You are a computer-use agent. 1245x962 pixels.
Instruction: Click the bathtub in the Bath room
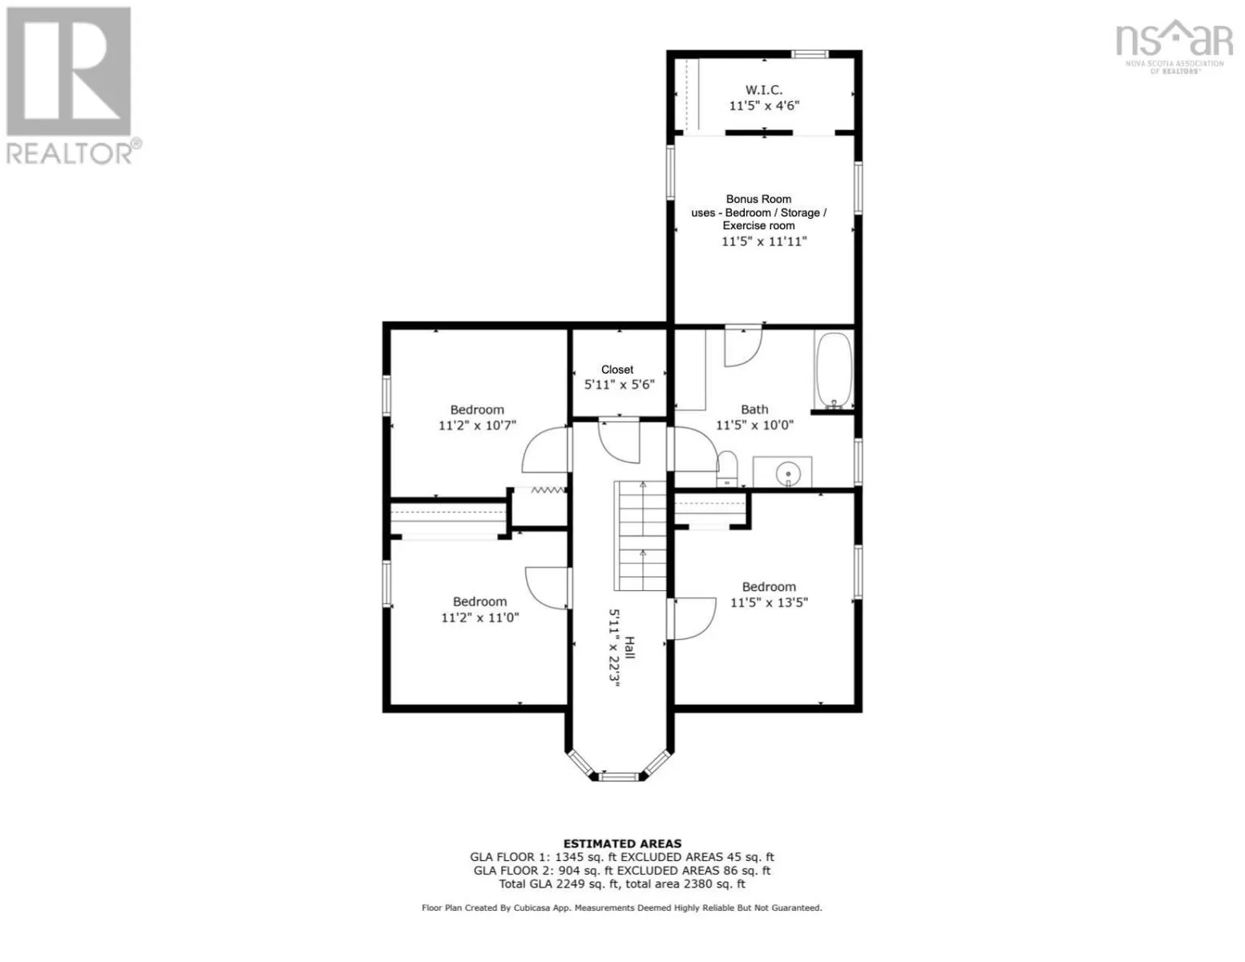834,370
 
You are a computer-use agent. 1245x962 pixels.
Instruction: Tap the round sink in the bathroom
788,474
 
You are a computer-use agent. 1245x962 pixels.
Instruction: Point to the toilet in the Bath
727,469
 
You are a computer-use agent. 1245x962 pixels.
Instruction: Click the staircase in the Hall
640,536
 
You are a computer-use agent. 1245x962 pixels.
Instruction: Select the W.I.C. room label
763,89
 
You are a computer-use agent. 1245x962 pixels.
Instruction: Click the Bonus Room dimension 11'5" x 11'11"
764,241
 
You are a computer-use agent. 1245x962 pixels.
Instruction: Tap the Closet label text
617,370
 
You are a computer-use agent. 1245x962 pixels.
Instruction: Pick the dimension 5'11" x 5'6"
619,384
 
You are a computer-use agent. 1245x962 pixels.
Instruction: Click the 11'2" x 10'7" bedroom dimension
477,425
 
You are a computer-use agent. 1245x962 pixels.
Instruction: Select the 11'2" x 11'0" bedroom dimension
479,617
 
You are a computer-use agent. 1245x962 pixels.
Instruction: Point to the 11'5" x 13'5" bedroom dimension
769,602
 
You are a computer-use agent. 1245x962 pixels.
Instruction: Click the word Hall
629,648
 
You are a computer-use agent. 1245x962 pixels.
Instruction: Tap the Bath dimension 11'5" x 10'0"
754,425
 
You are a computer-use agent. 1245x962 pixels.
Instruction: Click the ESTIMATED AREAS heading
622,843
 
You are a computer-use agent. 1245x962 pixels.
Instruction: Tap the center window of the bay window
618,777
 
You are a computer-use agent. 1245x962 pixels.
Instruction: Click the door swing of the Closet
619,440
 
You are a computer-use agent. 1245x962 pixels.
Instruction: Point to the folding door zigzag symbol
548,491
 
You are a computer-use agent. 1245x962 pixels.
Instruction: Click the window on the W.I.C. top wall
810,54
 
